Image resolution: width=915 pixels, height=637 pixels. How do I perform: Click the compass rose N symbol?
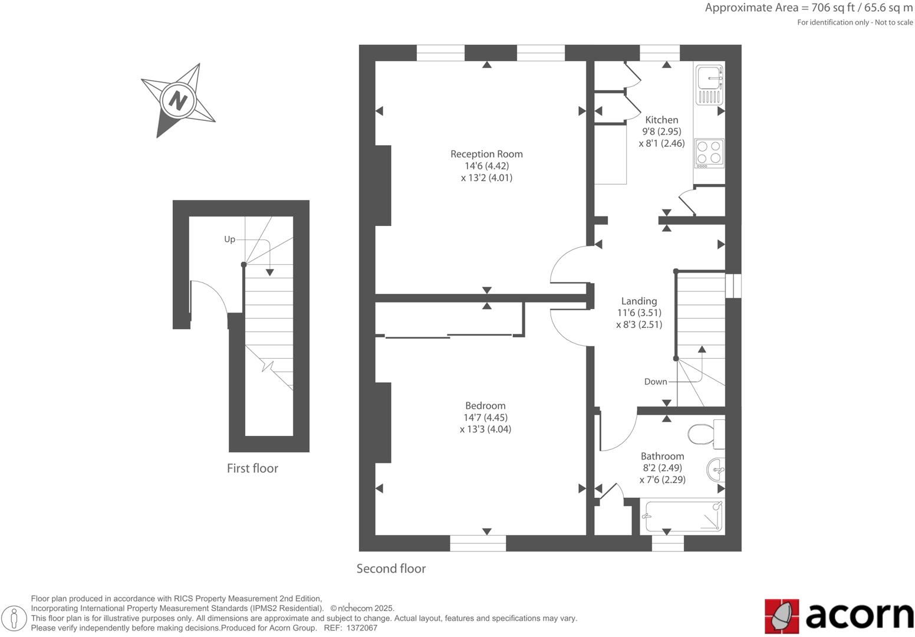pyautogui.click(x=177, y=100)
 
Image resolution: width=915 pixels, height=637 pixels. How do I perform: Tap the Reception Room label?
pyautogui.click(x=486, y=154)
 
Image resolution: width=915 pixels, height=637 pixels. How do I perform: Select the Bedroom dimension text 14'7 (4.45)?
pyautogui.click(x=485, y=418)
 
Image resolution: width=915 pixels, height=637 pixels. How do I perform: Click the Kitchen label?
pyautogui.click(x=661, y=120)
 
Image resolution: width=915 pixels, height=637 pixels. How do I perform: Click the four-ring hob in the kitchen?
pyautogui.click(x=709, y=152)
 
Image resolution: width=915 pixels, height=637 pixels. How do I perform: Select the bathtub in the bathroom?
pyautogui.click(x=683, y=516)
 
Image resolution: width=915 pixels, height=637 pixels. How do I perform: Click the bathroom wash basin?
pyautogui.click(x=716, y=470)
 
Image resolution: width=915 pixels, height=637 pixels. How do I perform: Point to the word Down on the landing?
pyautogui.click(x=655, y=382)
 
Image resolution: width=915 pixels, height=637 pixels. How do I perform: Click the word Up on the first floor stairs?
pyautogui.click(x=229, y=239)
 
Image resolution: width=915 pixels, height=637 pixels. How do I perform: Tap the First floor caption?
pyautogui.click(x=252, y=468)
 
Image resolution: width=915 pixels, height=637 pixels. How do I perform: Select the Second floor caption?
pyautogui.click(x=391, y=569)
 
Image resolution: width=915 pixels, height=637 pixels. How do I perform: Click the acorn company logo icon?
pyautogui.click(x=782, y=616)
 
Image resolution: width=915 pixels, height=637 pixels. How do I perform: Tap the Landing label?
pyautogui.click(x=639, y=301)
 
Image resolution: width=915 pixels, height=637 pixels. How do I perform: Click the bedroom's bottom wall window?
pyautogui.click(x=478, y=543)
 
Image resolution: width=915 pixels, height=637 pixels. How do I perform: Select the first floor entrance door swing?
pyautogui.click(x=208, y=298)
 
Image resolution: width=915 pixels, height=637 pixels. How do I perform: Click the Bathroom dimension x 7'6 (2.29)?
pyautogui.click(x=662, y=480)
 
